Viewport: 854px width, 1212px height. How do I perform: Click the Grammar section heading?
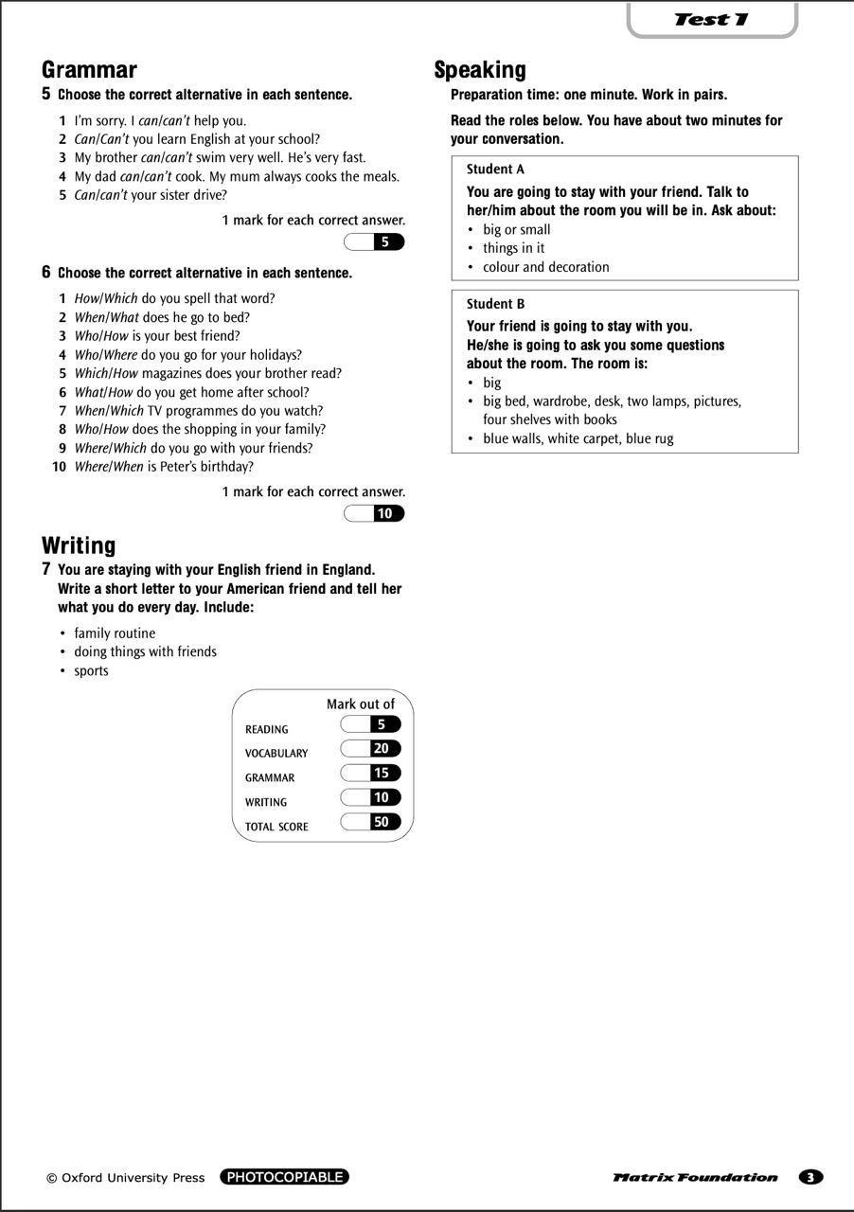89,70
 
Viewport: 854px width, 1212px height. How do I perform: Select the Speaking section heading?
480,70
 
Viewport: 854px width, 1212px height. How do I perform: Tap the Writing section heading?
79,545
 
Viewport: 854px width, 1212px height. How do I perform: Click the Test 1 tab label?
711,19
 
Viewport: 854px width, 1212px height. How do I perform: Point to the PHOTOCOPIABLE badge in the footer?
284,1177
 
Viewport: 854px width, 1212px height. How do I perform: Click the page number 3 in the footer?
810,1177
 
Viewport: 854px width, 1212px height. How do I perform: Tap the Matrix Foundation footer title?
695,1178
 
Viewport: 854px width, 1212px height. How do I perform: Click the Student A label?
495,169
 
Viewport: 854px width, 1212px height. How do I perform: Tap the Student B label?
495,304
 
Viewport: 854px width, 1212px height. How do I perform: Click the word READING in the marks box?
266,730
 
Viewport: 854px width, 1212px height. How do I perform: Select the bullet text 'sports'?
92,671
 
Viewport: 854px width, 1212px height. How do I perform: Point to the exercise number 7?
45,569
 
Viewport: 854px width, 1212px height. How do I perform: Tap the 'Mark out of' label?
361,704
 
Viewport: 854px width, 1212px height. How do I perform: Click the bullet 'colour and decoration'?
546,267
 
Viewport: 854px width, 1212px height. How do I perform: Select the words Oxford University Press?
133,1178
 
